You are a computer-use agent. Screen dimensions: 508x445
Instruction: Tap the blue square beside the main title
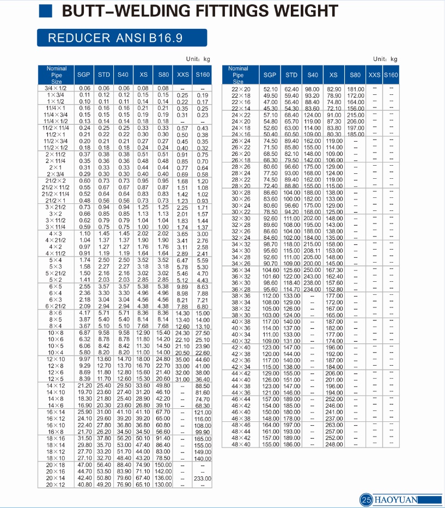click(46, 11)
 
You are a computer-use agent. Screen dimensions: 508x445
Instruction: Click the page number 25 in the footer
click(366, 499)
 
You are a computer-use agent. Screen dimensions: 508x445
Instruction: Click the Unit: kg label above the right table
click(385, 59)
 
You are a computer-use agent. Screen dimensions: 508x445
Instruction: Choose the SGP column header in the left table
click(83, 75)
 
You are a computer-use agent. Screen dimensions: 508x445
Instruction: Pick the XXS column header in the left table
click(182, 75)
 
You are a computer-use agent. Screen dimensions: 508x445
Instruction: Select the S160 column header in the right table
click(391, 75)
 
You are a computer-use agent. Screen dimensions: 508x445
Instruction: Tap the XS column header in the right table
click(333, 75)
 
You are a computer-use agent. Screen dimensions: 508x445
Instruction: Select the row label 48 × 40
click(241, 445)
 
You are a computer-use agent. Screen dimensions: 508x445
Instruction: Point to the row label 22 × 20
click(241, 89)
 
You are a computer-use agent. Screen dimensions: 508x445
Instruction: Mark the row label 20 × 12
click(57, 485)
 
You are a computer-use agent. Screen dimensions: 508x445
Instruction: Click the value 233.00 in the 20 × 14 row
click(203, 479)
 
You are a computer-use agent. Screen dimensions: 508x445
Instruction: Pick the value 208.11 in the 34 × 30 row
click(312, 251)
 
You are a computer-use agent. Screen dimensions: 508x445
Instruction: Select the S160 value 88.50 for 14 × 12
click(203, 386)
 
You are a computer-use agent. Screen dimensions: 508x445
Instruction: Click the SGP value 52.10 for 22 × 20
click(271, 89)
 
